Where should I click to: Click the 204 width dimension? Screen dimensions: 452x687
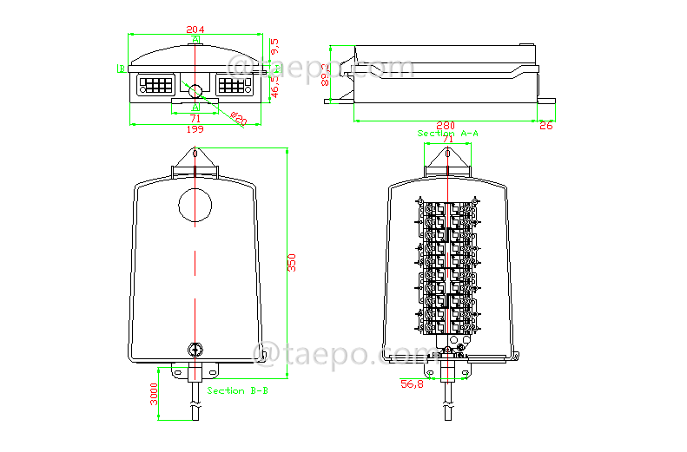click(195, 29)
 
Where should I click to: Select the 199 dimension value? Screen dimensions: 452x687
click(195, 129)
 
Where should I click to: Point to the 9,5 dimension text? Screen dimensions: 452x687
click(275, 43)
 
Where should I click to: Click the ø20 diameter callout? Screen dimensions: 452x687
click(239, 119)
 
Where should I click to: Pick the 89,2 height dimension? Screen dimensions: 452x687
click(325, 75)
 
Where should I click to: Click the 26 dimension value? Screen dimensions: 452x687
click(545, 126)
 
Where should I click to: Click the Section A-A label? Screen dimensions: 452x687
click(448, 134)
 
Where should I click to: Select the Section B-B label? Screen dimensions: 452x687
click(237, 391)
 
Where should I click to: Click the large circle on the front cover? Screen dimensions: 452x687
click(195, 205)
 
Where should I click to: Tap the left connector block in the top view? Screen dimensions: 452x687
click(155, 86)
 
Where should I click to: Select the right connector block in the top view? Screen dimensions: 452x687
click(234, 86)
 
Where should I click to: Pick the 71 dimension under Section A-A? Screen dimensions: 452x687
click(448, 141)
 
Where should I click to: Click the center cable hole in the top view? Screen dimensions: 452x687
click(195, 90)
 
